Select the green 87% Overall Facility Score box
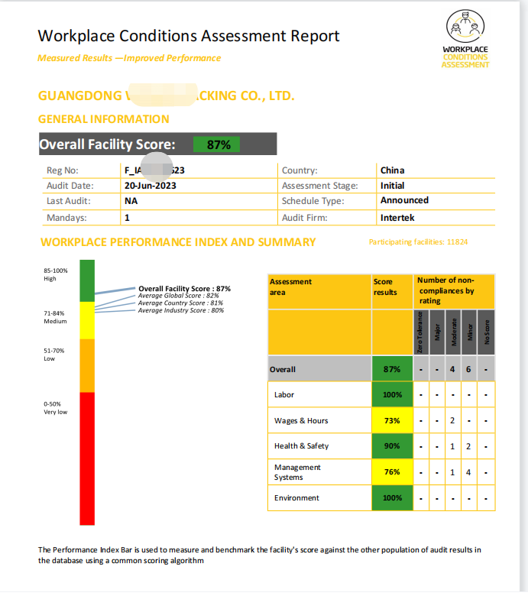[219, 144]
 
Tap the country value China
[392, 170]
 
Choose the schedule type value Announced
[404, 200]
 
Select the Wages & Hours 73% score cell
[392, 421]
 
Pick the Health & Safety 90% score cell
[392, 446]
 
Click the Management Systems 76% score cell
[392, 472]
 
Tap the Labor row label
[284, 395]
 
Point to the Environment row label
[296, 498]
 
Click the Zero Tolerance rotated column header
[420, 332]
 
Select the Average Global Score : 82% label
[178, 296]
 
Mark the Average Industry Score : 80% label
[180, 310]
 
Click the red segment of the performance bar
[87, 458]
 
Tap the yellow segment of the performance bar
[87, 319]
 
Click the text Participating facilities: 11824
[418, 242]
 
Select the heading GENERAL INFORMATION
[103, 119]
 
